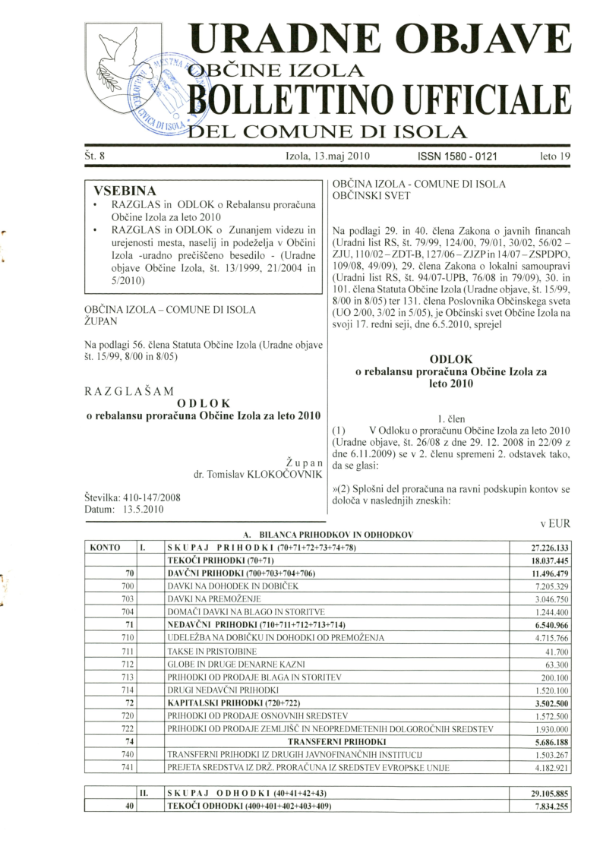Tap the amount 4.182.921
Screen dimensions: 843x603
click(x=551, y=767)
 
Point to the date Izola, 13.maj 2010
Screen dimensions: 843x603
click(x=327, y=159)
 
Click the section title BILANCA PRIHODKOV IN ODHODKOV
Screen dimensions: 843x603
click(x=334, y=535)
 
